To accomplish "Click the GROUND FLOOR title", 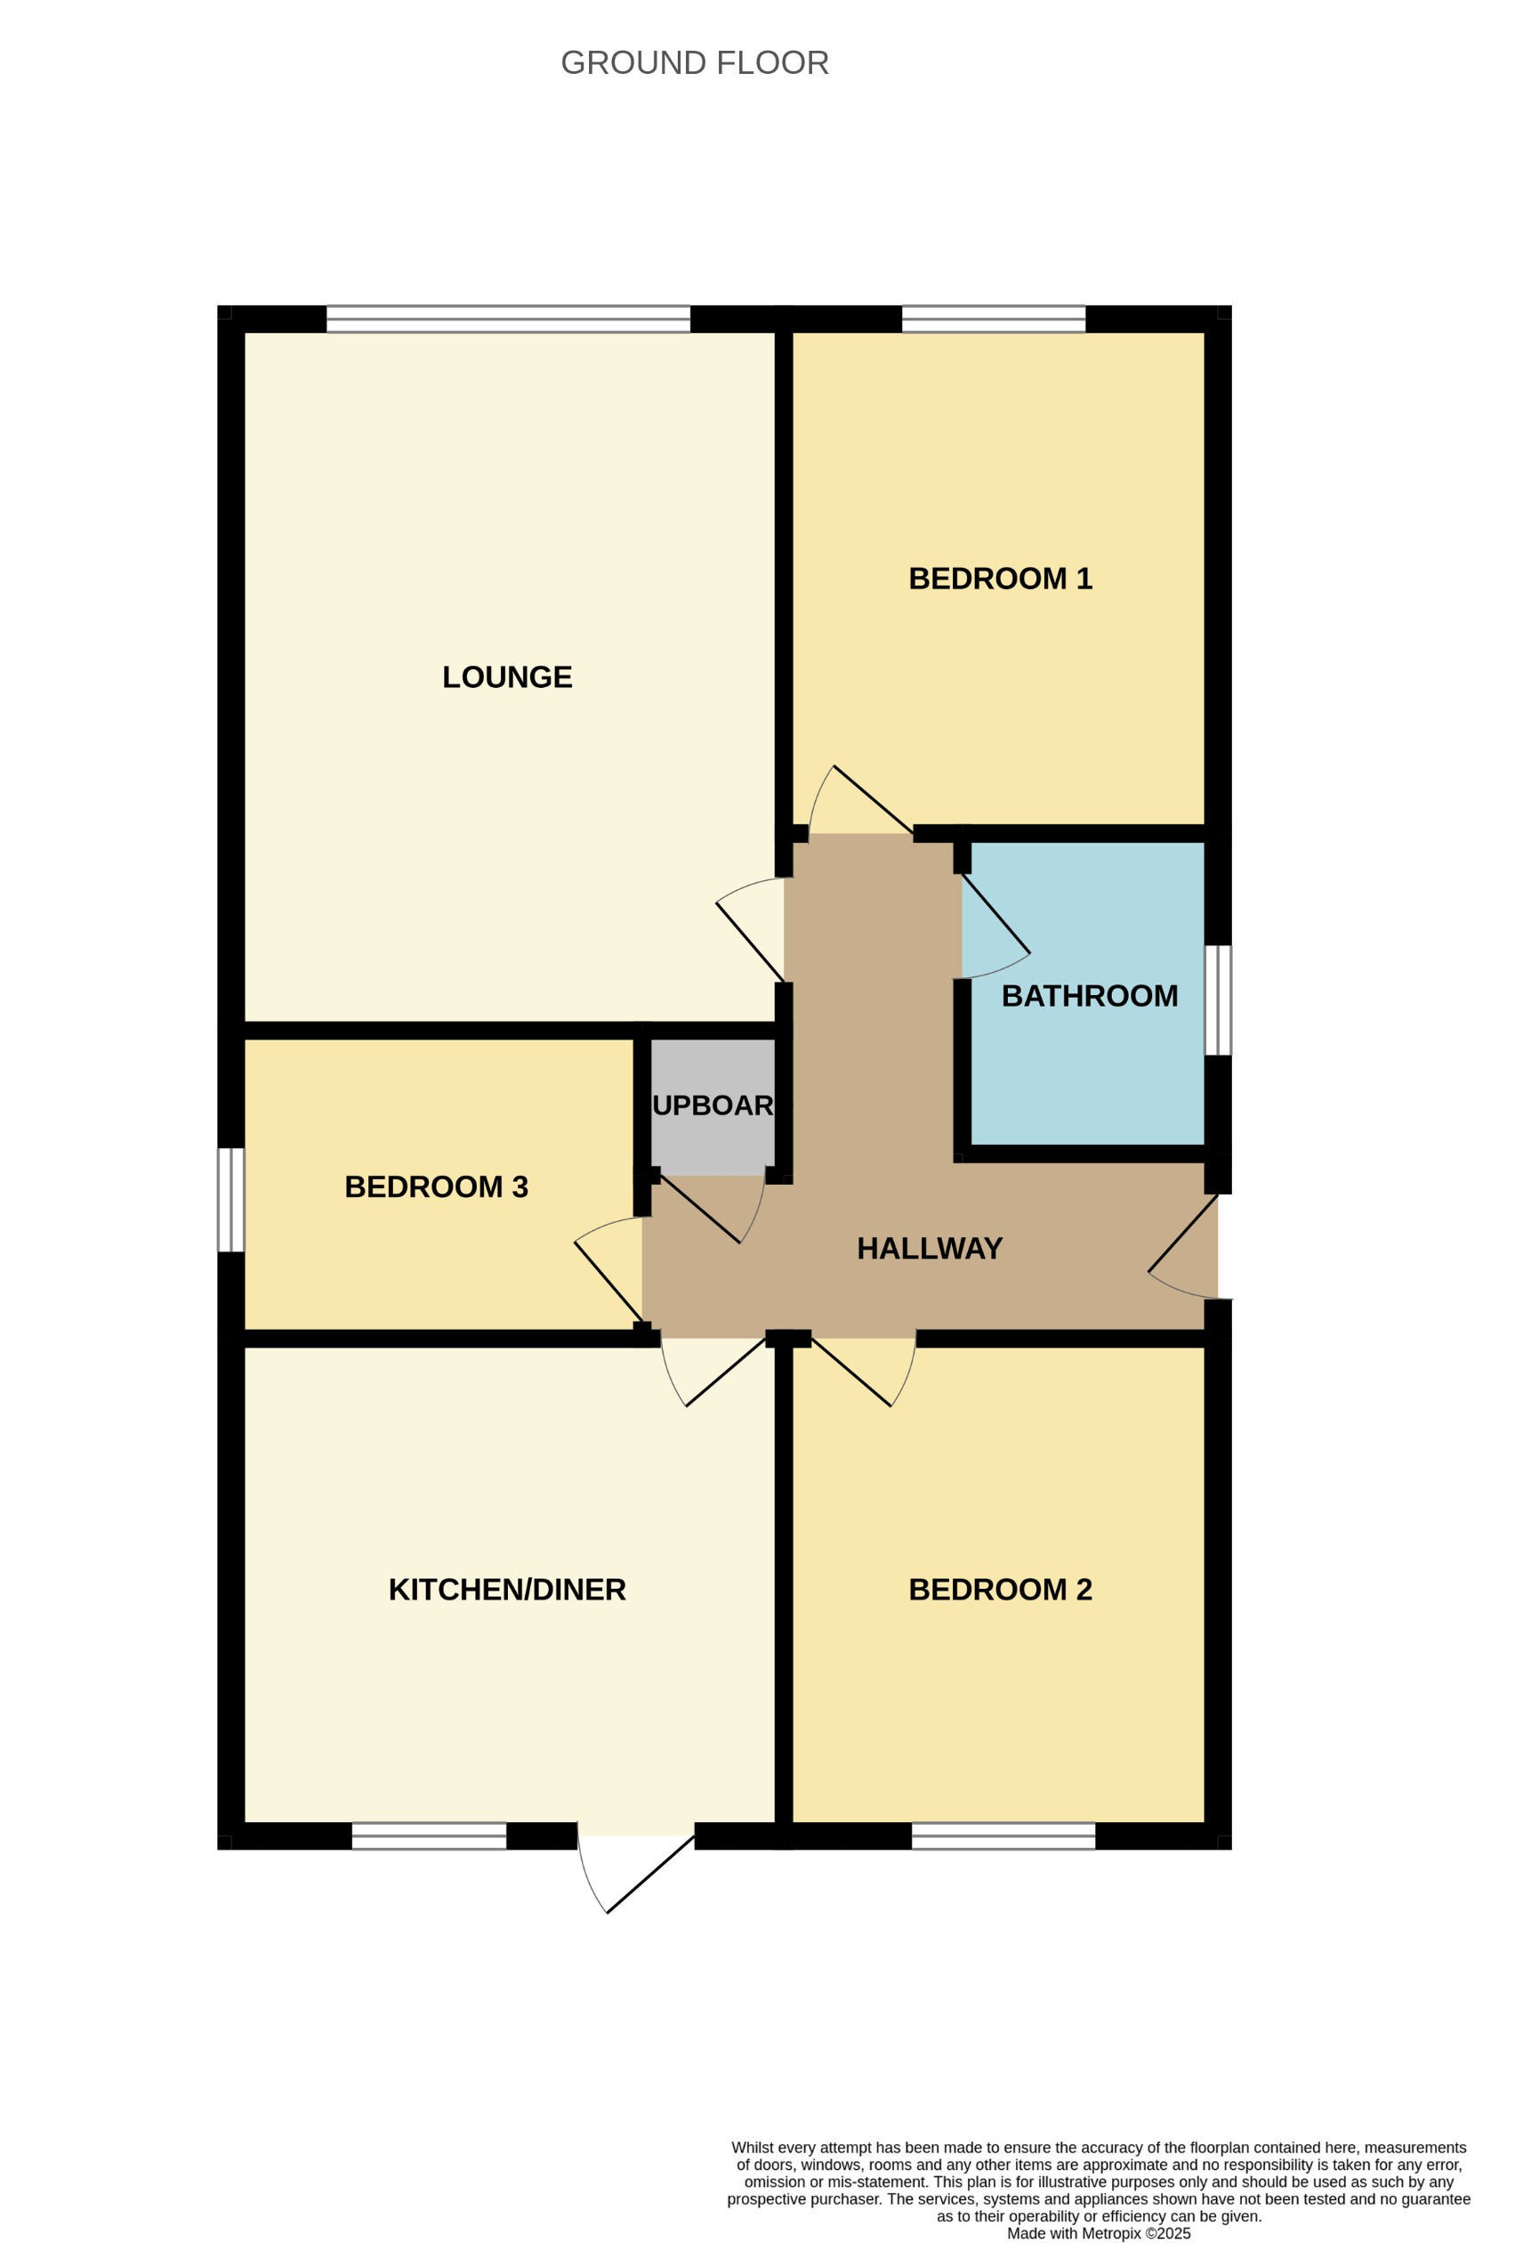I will point(694,62).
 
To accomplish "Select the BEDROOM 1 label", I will point(1000,579).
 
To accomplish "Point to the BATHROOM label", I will point(1090,996).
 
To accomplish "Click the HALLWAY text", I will point(930,1249).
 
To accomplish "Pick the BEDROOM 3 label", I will point(436,1187).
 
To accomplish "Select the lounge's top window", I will point(509,320).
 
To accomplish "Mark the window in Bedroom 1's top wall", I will point(993,320).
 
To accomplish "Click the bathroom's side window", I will point(1218,1000).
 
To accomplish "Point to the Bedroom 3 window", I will point(230,1200).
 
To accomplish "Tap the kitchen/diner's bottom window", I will point(429,1835).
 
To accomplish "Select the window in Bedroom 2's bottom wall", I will point(1003,1835).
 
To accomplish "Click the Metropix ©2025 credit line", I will point(1098,2233).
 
